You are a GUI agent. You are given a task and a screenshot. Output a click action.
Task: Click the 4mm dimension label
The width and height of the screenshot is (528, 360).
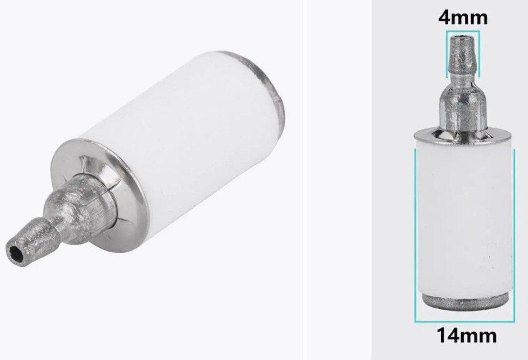click(x=463, y=17)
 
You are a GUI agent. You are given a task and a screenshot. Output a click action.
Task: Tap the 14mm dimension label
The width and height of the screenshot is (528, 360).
click(x=466, y=335)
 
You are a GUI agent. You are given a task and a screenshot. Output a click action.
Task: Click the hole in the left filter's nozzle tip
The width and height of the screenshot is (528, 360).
click(x=15, y=252)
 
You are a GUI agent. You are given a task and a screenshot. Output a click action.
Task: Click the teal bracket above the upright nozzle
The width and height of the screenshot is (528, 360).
click(x=463, y=32)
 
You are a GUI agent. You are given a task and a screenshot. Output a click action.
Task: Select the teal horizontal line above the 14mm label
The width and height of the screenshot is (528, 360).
click(x=464, y=321)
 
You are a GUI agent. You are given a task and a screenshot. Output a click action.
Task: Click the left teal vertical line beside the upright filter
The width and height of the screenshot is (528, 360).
click(x=415, y=236)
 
